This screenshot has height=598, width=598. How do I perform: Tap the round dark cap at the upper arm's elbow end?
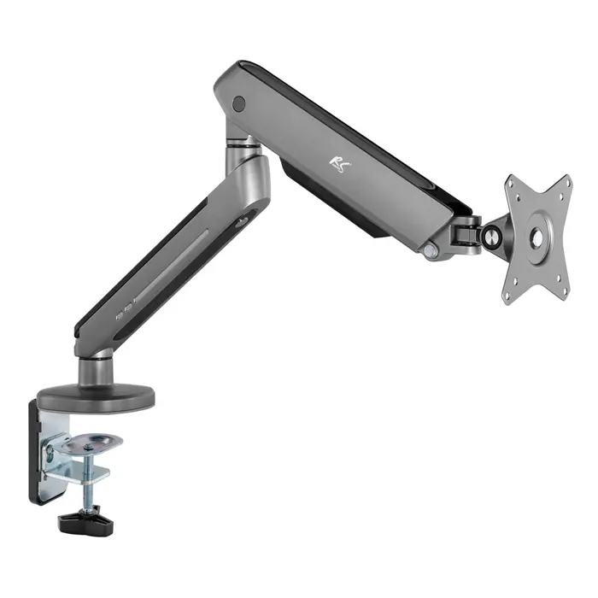point(237,104)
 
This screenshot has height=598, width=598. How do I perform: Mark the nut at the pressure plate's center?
point(92,442)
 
